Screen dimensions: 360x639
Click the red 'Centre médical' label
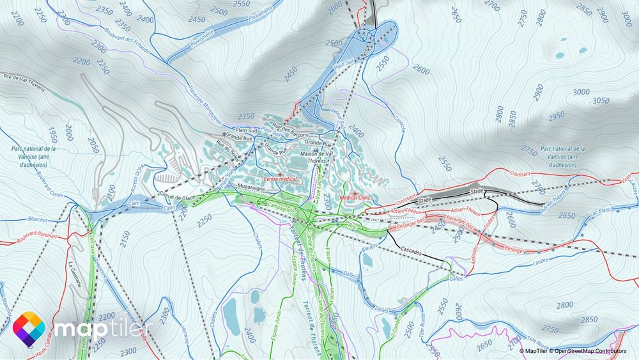pos(280,180)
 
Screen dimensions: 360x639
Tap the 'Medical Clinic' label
pos(355,198)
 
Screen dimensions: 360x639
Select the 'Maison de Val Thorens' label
pos(318,157)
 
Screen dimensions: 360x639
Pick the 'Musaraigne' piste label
pos(251,188)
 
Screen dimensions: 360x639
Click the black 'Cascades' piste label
pos(412,251)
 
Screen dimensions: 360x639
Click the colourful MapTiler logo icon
pos(29,329)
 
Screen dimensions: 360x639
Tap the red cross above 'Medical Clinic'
pos(355,192)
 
